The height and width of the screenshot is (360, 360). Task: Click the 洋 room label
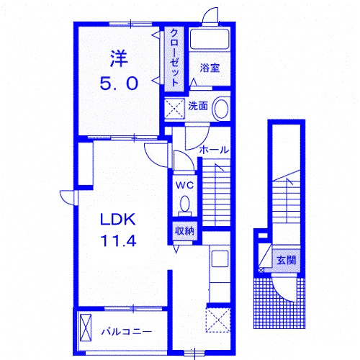click(119, 59)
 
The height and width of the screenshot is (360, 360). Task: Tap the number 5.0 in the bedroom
click(119, 84)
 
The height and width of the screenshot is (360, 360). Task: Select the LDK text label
click(118, 219)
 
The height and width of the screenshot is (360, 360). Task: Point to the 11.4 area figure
click(119, 240)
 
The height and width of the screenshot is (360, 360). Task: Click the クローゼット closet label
click(174, 58)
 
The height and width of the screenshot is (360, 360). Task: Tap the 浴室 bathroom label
click(210, 68)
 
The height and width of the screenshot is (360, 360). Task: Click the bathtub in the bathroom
click(210, 40)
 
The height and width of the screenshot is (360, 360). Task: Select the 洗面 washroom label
click(198, 106)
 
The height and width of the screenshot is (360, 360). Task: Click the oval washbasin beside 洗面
click(221, 109)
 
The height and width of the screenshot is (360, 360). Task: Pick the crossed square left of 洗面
click(174, 109)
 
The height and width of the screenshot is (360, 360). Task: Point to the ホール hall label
click(214, 150)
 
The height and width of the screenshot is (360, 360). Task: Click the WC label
click(184, 185)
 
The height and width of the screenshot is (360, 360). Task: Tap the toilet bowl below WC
click(184, 204)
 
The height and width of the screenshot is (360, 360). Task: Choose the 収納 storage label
click(184, 231)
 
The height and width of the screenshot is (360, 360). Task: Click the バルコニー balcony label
click(127, 332)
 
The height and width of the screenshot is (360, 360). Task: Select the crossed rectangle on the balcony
click(86, 328)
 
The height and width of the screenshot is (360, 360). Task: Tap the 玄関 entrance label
click(287, 260)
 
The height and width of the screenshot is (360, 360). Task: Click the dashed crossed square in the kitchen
click(218, 320)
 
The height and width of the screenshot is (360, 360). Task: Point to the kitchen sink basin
click(220, 258)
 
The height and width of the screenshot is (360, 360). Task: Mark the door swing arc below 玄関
click(282, 294)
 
